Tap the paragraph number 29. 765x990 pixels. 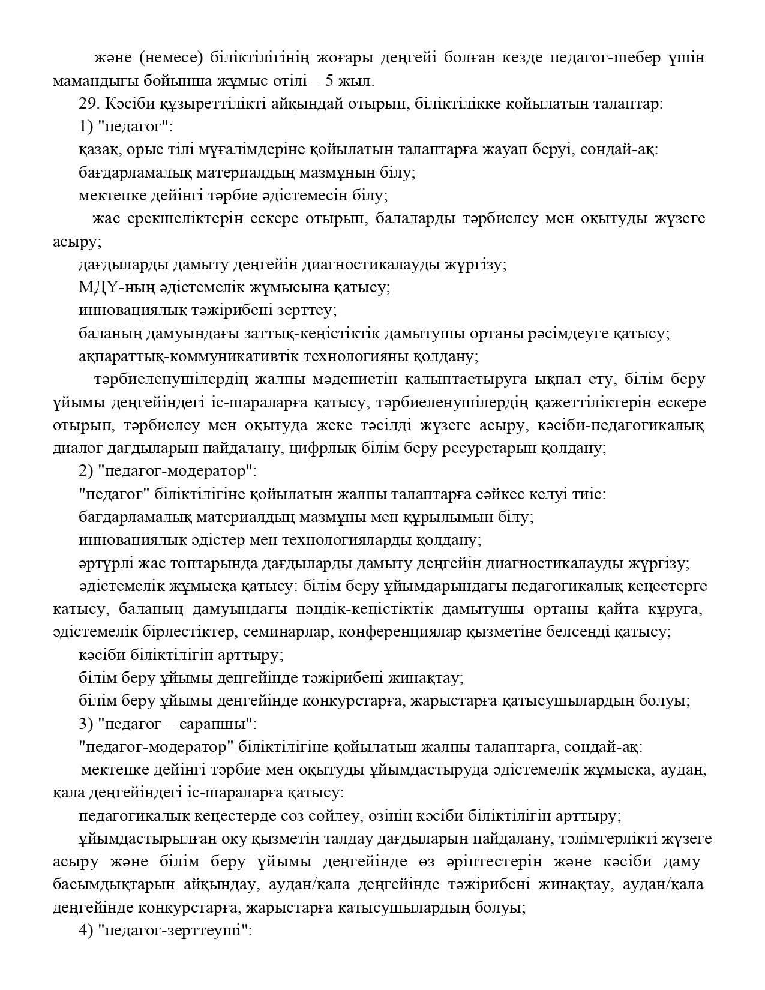click(88, 103)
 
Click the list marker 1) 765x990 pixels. click(86, 127)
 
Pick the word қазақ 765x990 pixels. click(99, 149)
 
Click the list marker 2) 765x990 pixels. click(86, 471)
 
